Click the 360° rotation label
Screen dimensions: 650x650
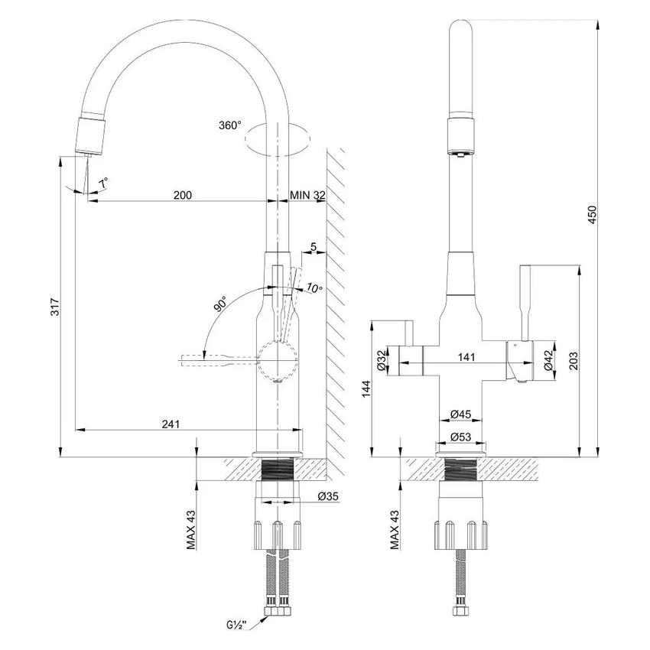[x=230, y=125]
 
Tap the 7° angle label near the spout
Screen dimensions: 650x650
[x=104, y=183]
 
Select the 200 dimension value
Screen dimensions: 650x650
[x=183, y=195]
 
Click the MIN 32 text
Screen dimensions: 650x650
[x=307, y=195]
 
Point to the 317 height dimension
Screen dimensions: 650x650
[x=55, y=307]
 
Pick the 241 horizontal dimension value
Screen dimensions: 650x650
[x=171, y=424]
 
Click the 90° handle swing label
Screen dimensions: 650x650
[x=220, y=304]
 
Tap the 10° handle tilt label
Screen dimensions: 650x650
[x=314, y=288]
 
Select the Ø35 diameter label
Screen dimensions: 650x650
[x=328, y=496]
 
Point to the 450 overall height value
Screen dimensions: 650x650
[x=593, y=215]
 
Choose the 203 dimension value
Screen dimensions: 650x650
[x=573, y=361]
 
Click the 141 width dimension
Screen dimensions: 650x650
[x=466, y=357]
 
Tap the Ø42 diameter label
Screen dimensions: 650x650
[x=548, y=360]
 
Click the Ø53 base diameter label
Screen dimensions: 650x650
[x=460, y=437]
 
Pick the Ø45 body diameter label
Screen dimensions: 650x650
[x=460, y=414]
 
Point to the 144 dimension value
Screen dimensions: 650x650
[x=366, y=388]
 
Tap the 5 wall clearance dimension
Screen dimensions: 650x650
[x=314, y=247]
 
